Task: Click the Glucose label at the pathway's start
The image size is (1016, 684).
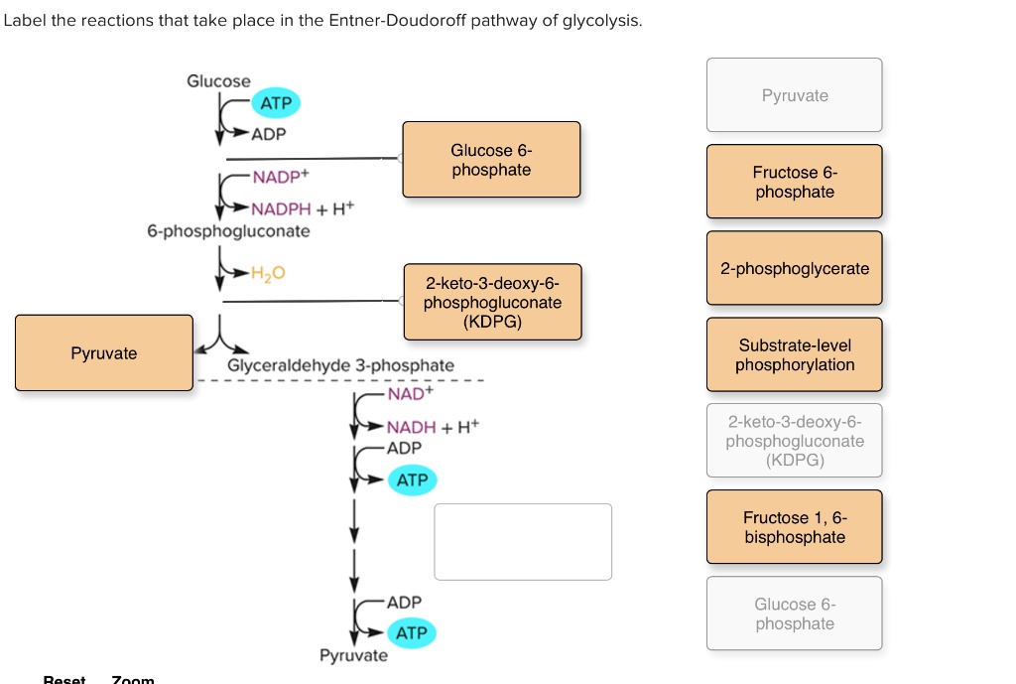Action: click(x=218, y=81)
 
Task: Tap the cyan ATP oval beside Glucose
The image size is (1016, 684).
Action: click(x=276, y=103)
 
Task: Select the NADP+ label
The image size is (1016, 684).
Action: click(x=281, y=178)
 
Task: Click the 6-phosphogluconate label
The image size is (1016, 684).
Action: click(x=228, y=231)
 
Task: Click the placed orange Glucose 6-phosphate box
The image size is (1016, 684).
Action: click(x=491, y=160)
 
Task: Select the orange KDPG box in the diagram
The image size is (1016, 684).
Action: click(x=492, y=302)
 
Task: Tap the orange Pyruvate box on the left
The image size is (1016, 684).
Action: click(x=104, y=353)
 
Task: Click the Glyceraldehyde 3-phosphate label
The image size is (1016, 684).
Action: click(x=340, y=365)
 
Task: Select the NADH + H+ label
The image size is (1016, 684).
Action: click(x=433, y=427)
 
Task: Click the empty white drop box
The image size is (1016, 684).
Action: click(x=523, y=541)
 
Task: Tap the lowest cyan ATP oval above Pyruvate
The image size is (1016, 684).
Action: click(x=411, y=632)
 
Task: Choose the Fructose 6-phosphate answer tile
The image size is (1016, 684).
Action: click(x=794, y=182)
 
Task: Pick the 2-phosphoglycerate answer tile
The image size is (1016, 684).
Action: click(x=794, y=269)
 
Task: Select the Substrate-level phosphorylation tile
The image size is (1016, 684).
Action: click(x=794, y=355)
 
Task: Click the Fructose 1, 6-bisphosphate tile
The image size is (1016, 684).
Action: click(x=794, y=527)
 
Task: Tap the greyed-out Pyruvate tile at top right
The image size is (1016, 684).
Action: click(x=794, y=95)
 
